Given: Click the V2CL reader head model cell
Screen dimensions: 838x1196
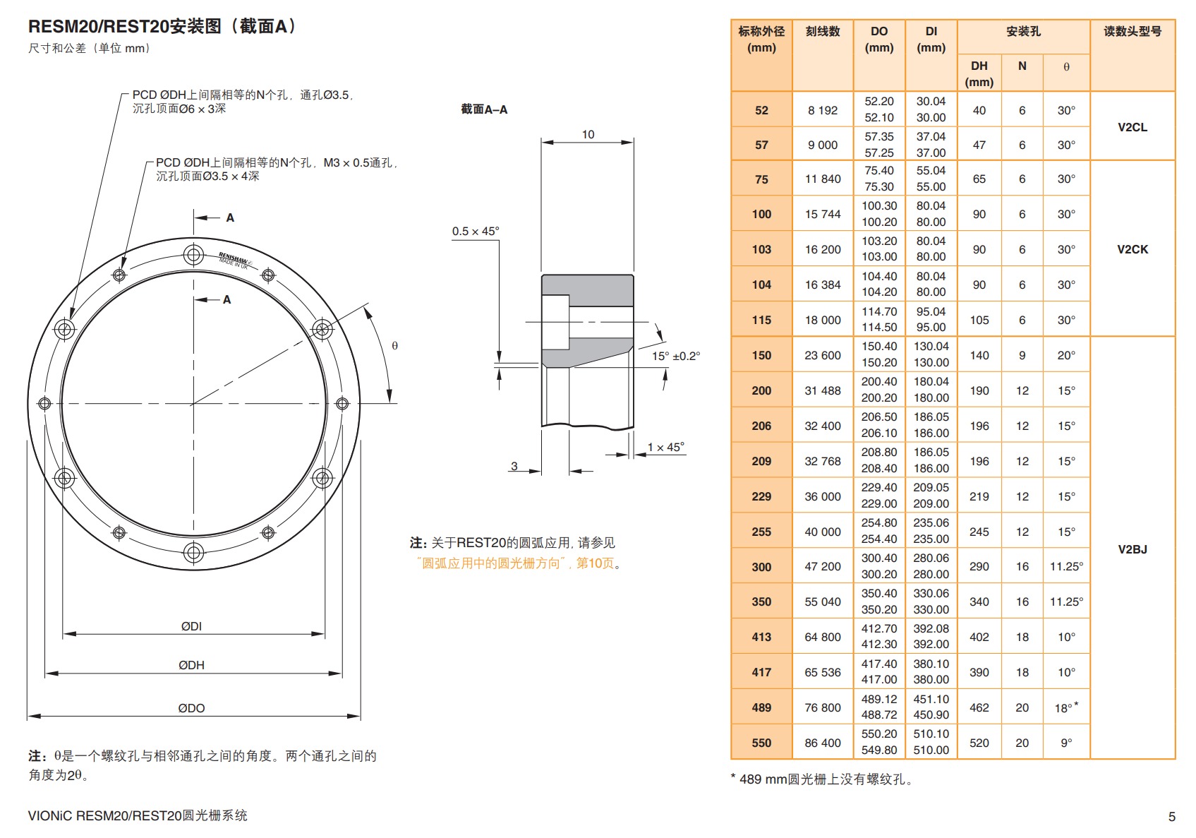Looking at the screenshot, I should pyautogui.click(x=1132, y=127).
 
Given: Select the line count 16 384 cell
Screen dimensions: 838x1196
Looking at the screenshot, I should pyautogui.click(x=823, y=285).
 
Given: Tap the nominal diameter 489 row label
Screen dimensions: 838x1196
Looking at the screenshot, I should pyautogui.click(x=761, y=707).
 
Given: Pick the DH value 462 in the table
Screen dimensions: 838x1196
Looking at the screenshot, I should pyautogui.click(x=979, y=707).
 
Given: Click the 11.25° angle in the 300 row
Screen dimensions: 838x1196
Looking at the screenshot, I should pyautogui.click(x=1066, y=566).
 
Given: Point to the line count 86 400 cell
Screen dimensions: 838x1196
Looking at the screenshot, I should pyautogui.click(x=823, y=743).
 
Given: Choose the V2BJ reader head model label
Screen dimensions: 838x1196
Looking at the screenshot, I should pyautogui.click(x=1132, y=549).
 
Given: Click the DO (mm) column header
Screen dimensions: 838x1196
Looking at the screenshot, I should pyautogui.click(x=878, y=40).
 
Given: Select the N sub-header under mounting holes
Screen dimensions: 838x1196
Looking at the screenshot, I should pyautogui.click(x=1022, y=66).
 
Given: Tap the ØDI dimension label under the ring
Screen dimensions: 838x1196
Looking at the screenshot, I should pyautogui.click(x=191, y=626).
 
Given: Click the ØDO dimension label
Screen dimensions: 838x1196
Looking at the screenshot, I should pyautogui.click(x=191, y=708).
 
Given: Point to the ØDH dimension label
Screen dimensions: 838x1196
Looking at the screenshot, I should pyautogui.click(x=191, y=665).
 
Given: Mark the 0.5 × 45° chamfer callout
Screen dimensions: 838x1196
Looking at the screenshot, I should pyautogui.click(x=475, y=232).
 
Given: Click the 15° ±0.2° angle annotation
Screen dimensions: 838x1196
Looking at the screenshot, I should pyautogui.click(x=675, y=356).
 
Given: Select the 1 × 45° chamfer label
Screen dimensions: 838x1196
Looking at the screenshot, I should pyautogui.click(x=665, y=447).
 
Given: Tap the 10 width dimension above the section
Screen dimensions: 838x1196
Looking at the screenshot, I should pyautogui.click(x=588, y=134).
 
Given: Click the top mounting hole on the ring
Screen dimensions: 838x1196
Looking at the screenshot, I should pyautogui.click(x=193, y=255).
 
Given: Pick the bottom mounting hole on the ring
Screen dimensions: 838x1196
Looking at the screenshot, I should pyautogui.click(x=193, y=552).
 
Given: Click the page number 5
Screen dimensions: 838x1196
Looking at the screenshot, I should pyautogui.click(x=1171, y=816).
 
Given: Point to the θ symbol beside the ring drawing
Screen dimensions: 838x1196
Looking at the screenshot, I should pyautogui.click(x=394, y=345).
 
